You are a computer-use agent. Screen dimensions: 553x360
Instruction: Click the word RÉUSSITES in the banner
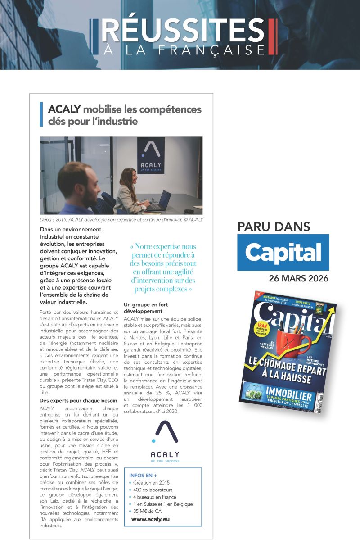(183, 31)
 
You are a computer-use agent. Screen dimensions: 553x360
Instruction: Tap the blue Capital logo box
(283, 252)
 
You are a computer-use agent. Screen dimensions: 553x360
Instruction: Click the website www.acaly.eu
(150, 519)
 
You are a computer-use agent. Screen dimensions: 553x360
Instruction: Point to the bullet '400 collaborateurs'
(153, 490)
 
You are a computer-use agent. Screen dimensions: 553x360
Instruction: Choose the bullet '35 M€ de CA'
(147, 511)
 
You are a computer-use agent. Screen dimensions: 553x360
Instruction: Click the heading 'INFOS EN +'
(143, 475)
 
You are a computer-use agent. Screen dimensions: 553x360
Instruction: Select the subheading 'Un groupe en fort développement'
(146, 308)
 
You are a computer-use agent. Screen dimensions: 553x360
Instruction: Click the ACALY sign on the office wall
(151, 156)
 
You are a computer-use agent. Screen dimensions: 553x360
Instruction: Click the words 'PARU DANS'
(274, 227)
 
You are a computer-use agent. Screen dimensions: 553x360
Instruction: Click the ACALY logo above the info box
(165, 441)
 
